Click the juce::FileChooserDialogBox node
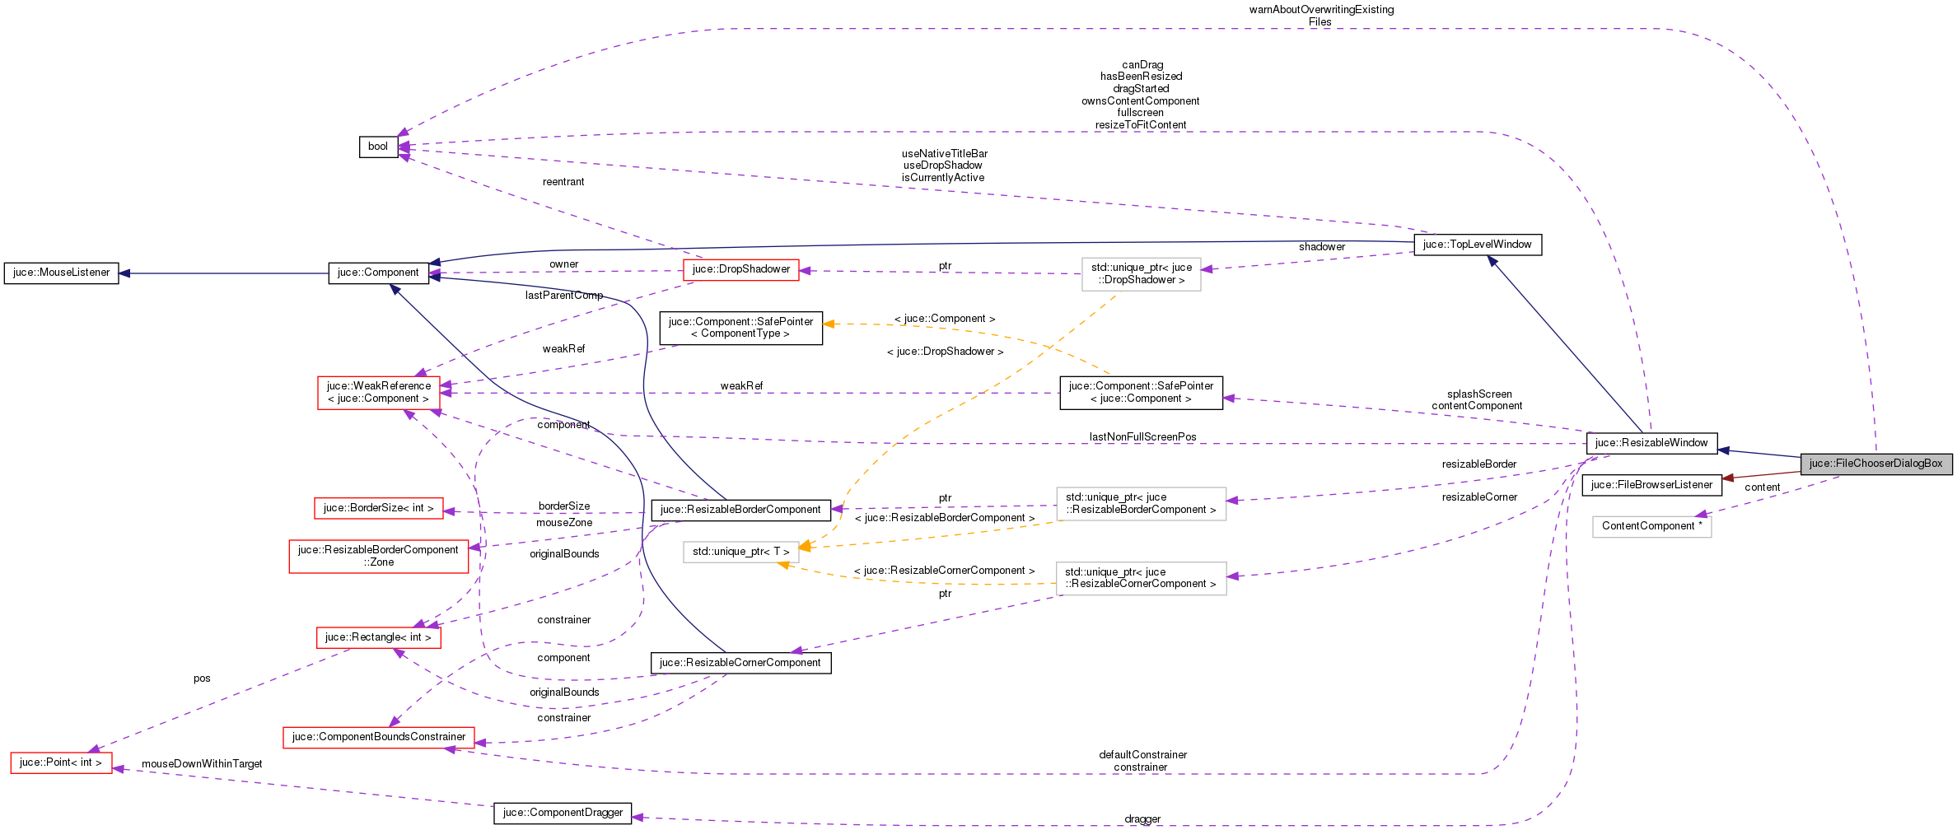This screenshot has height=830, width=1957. point(1875,464)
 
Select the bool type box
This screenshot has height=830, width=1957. point(378,147)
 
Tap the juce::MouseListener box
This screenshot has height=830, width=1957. point(61,273)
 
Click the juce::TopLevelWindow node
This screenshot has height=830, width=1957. point(1477,245)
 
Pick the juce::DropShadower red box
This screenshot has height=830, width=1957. point(740,269)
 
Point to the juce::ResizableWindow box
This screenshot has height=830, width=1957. point(1651,443)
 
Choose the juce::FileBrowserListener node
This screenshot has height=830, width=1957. point(1651,485)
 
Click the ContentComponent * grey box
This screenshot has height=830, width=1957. point(1651,526)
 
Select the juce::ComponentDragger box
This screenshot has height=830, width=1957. point(563,813)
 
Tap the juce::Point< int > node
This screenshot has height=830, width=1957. point(61,762)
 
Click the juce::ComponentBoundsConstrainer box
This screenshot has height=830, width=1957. point(378,737)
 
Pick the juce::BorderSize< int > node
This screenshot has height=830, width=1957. point(378,508)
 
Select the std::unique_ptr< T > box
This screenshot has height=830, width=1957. point(740,552)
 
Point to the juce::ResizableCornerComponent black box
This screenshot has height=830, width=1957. point(740,663)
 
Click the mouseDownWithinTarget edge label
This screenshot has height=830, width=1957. point(202,764)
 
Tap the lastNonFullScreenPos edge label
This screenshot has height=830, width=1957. point(1142,437)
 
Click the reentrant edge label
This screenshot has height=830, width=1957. point(563,182)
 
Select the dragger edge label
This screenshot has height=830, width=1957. point(1142,819)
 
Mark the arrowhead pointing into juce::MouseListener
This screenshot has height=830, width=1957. point(125,273)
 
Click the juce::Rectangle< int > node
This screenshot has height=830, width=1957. point(378,637)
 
